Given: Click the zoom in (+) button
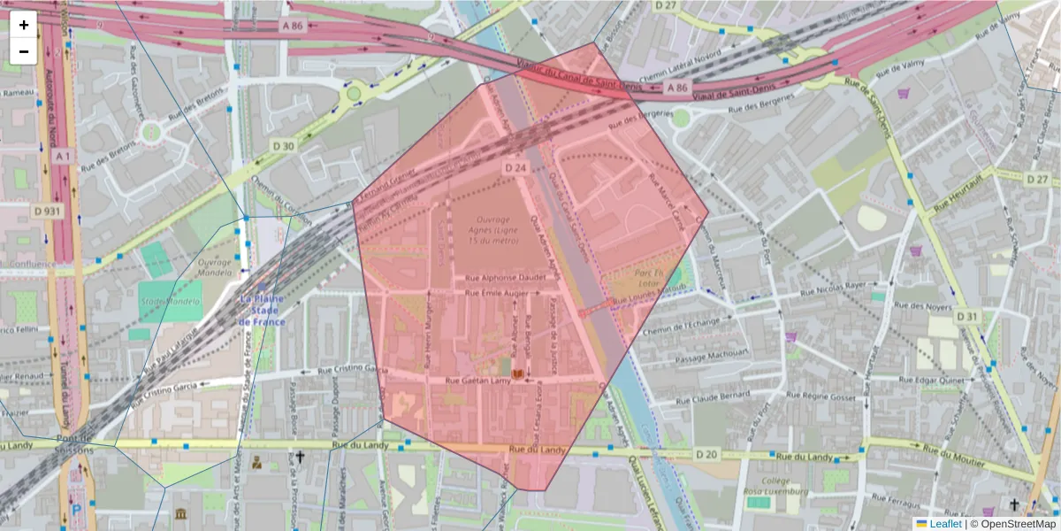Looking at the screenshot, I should [24, 25].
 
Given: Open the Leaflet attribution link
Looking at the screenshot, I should [945, 524].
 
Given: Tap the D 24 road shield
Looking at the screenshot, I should [515, 167].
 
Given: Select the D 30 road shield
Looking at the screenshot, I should [283, 145].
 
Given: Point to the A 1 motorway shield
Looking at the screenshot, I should [61, 156].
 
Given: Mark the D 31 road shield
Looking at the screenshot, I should [967, 316].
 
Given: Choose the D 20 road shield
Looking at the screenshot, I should [706, 454].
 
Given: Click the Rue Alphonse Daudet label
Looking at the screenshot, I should [508, 277].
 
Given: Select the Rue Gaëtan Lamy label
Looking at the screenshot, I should [478, 381].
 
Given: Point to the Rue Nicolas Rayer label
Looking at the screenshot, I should [832, 287].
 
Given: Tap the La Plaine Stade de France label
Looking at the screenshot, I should [262, 311].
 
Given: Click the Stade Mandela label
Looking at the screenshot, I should [170, 302].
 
